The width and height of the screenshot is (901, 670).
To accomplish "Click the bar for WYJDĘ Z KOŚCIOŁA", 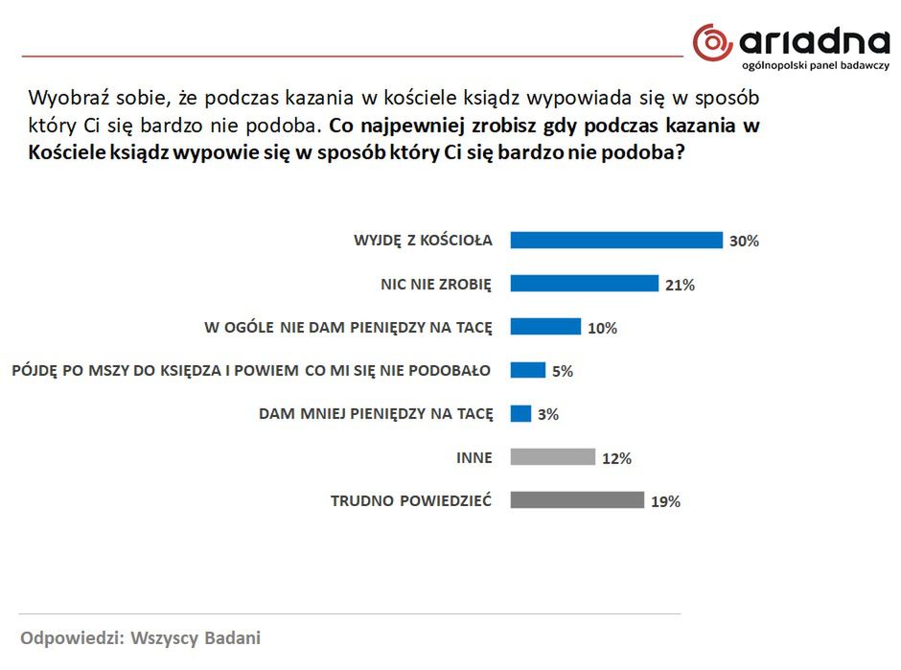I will click(615, 240).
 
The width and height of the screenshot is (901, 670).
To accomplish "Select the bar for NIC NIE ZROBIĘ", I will click(584, 284).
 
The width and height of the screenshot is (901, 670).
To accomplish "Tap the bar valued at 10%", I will click(544, 327).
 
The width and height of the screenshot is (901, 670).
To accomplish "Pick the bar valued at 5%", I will click(527, 370).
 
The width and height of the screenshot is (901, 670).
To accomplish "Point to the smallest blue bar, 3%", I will click(520, 413).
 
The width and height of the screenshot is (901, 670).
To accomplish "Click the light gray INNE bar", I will click(552, 457).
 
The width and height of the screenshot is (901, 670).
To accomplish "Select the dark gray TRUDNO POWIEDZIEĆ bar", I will click(576, 500).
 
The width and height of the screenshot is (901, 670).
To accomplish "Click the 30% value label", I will click(744, 242).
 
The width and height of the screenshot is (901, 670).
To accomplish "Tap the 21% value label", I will click(680, 285).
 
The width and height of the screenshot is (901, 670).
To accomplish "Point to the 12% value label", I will click(616, 458).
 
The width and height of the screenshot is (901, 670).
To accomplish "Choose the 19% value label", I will click(665, 501).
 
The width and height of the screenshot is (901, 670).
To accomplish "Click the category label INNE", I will click(474, 458).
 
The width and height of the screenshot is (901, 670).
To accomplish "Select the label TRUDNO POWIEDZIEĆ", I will click(411, 500).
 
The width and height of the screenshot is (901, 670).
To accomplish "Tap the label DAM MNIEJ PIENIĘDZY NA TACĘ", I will click(376, 414).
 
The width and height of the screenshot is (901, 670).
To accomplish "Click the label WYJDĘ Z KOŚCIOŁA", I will click(423, 241).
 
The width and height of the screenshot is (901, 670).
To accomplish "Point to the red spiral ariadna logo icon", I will click(712, 43).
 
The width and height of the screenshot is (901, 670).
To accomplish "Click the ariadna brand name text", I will click(815, 41).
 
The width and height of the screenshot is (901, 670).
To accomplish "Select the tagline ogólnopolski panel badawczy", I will click(816, 66).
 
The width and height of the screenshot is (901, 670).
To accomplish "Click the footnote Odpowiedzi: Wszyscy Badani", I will click(141, 637).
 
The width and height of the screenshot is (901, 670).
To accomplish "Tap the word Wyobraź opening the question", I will click(63, 98).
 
